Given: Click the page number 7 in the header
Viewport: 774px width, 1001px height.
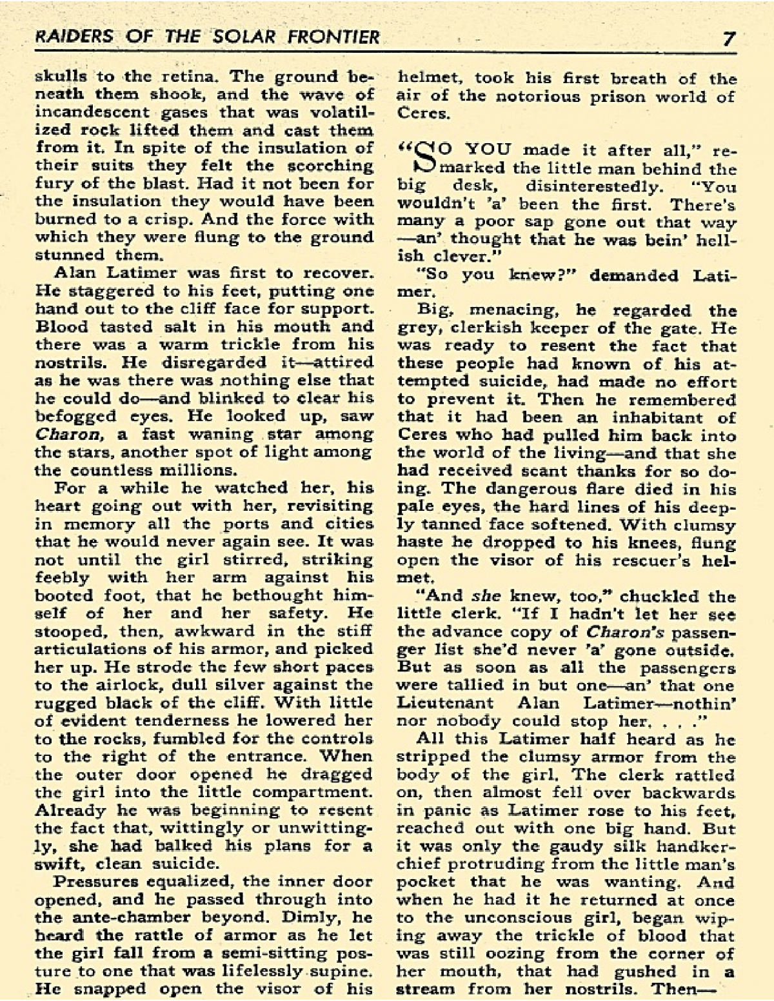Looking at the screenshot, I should [729, 38].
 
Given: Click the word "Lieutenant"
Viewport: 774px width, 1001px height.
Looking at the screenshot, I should [445, 702].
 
